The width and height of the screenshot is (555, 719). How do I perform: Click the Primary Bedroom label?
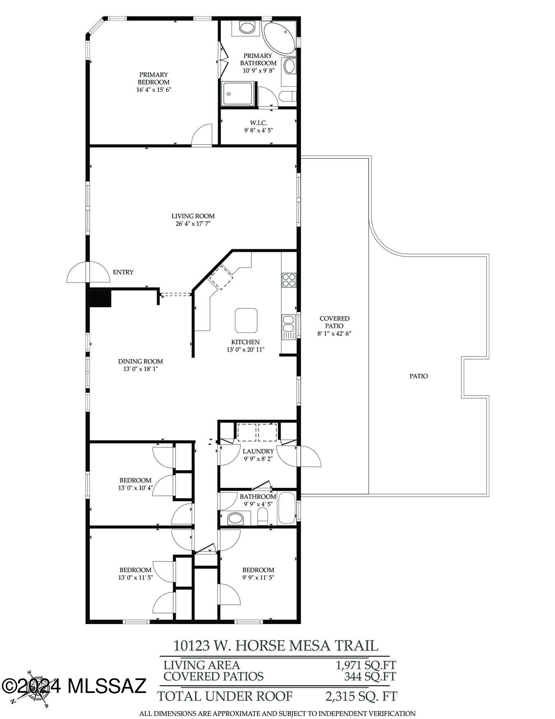pyautogui.click(x=153, y=78)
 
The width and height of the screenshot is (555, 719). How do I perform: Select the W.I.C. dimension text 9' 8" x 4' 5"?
pyautogui.click(x=258, y=130)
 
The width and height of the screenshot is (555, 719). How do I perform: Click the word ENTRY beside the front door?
pyautogui.click(x=123, y=272)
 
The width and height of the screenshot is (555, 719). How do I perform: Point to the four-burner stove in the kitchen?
pyautogui.click(x=289, y=280)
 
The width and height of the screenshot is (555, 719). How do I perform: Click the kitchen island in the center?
pyautogui.click(x=246, y=320)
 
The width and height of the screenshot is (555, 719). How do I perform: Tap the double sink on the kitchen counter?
pyautogui.click(x=288, y=323)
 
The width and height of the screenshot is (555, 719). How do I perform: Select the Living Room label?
pyautogui.click(x=193, y=216)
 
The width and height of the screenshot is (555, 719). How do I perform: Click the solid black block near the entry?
pyautogui.click(x=100, y=298)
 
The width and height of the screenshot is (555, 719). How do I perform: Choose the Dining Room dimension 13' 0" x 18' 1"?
pyautogui.click(x=140, y=369)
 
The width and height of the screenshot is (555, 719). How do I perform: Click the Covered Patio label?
pyautogui.click(x=334, y=322)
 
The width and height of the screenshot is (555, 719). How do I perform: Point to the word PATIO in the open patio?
pyautogui.click(x=418, y=376)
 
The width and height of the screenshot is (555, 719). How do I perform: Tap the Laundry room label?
pyautogui.click(x=258, y=451)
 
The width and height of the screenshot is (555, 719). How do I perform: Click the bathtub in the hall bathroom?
pyautogui.click(x=286, y=508)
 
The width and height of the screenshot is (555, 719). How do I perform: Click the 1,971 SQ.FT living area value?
pyautogui.click(x=366, y=665)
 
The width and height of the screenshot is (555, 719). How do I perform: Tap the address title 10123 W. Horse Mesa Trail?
pyautogui.click(x=276, y=645)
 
